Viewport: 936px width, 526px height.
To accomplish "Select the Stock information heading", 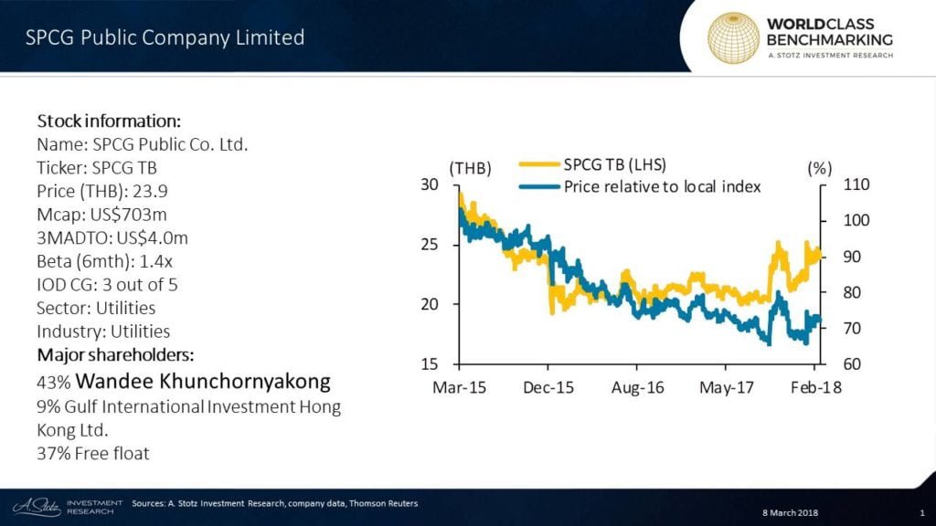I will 108,121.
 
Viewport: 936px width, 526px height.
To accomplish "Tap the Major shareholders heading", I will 116,354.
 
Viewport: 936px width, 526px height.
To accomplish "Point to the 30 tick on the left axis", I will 429,184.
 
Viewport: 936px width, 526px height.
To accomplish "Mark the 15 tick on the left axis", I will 429,363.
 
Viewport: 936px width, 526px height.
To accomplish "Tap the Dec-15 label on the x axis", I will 548,387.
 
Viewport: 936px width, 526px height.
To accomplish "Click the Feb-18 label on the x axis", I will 815,387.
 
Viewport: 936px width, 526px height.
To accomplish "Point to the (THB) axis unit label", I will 471,167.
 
